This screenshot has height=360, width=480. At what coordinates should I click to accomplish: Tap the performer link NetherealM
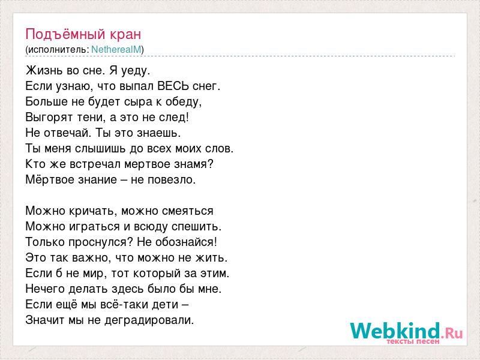point(116,50)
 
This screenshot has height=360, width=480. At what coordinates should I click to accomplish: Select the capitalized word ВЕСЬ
point(173,86)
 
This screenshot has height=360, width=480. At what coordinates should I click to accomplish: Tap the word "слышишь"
point(100,148)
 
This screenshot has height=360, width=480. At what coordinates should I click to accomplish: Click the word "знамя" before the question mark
point(190,164)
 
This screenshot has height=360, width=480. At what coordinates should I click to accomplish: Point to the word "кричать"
point(94,211)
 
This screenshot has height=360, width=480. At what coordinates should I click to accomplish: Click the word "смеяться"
point(188,211)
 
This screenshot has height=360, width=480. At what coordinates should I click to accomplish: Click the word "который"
point(152,274)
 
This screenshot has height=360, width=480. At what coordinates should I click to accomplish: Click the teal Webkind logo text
point(395,331)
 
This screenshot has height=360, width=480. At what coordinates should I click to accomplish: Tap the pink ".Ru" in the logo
point(452,332)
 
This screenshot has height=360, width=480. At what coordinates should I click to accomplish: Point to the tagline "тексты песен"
point(413,341)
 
